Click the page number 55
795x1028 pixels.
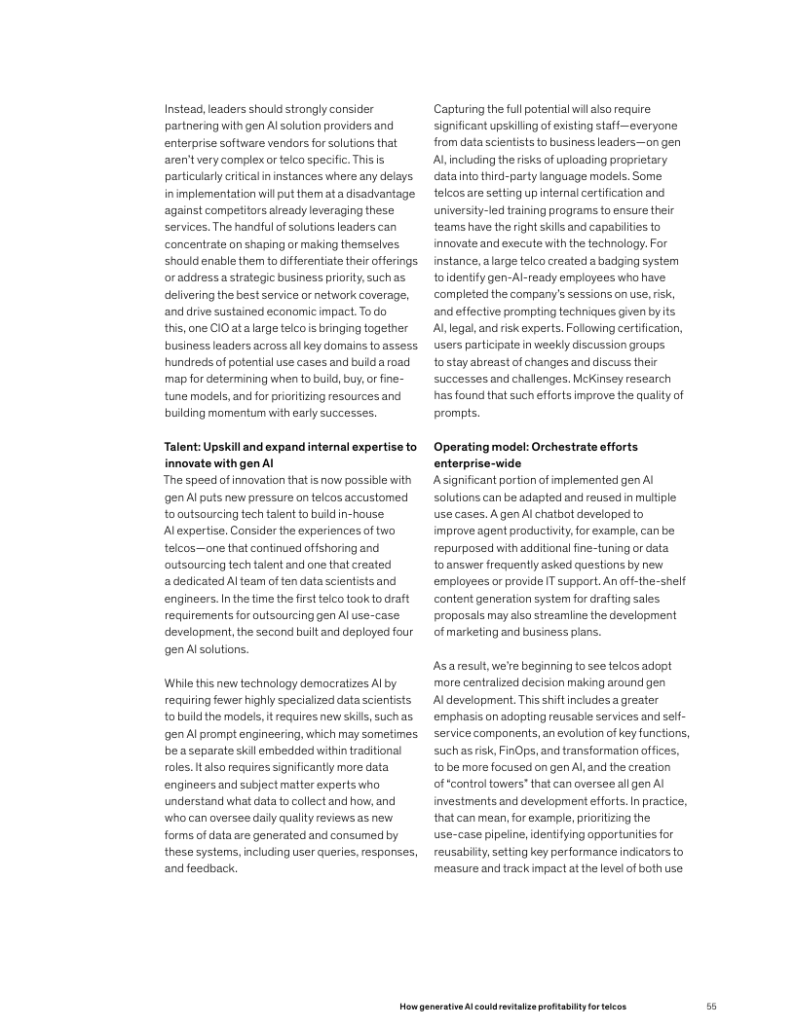[710, 1005]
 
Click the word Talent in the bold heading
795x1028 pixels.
[181, 447]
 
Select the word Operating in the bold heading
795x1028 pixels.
[463, 447]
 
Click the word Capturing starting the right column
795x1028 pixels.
[461, 108]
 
